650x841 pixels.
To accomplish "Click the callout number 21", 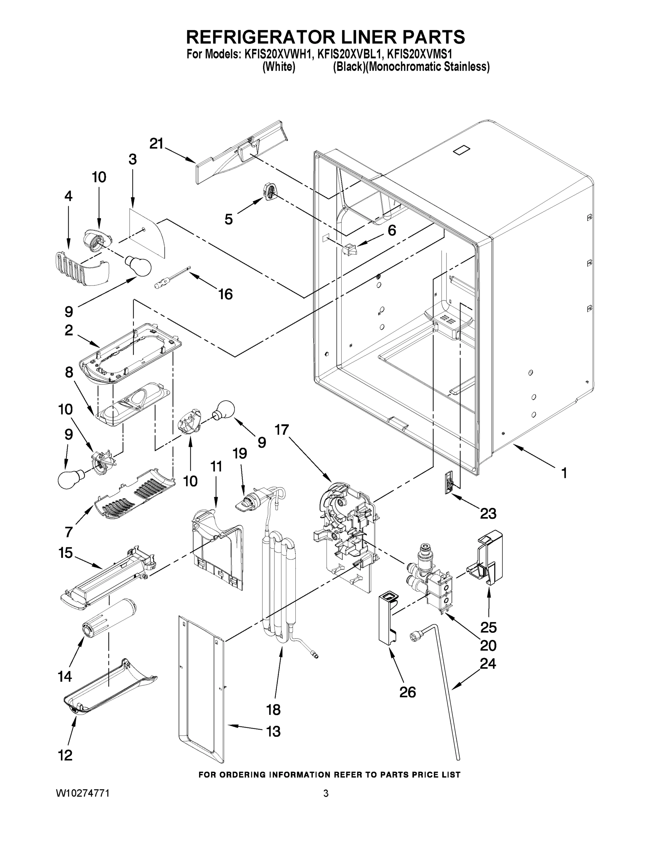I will coord(156,144).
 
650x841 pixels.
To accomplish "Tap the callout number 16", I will coord(225,294).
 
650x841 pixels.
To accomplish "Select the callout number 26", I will coord(408,692).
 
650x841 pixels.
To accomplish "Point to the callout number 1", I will coord(564,473).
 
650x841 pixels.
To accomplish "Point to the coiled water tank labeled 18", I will coord(279,589).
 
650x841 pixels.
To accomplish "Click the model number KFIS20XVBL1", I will coord(349,54).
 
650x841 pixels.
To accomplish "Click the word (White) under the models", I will coord(279,67).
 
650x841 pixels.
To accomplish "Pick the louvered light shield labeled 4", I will coord(81,267).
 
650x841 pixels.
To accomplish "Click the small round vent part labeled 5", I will coord(269,191).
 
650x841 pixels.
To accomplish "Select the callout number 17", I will coord(281,429).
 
